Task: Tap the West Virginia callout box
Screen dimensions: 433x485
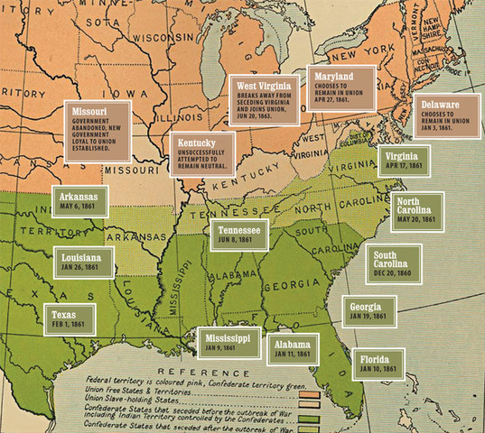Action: pos(265,103)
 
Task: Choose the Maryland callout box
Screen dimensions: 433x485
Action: pos(339,87)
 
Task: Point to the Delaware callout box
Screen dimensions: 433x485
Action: pos(446,117)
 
